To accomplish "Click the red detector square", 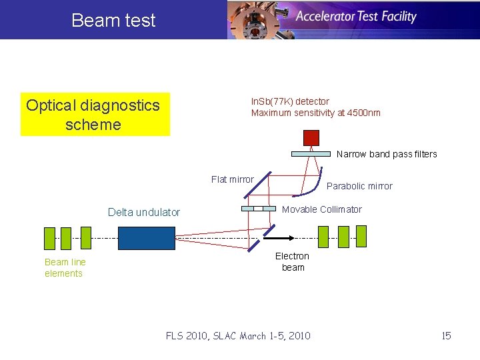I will (x=311, y=138).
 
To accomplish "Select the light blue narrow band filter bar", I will (x=311, y=154).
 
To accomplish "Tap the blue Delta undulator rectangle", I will (x=147, y=238).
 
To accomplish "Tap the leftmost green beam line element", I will (x=49, y=237).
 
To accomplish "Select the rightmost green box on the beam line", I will (x=361, y=235).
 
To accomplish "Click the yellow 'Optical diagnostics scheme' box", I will (x=95, y=114).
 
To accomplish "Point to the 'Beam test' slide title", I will (x=113, y=20).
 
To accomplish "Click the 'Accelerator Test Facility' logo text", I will (x=356, y=17).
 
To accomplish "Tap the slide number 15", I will (x=446, y=335).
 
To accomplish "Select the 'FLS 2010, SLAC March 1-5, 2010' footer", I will (x=238, y=335).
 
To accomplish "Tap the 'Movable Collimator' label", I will (x=322, y=209).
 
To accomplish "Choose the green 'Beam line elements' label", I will (x=65, y=267).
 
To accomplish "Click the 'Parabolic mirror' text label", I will (x=359, y=186).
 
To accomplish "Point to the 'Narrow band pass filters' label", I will (x=387, y=154).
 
